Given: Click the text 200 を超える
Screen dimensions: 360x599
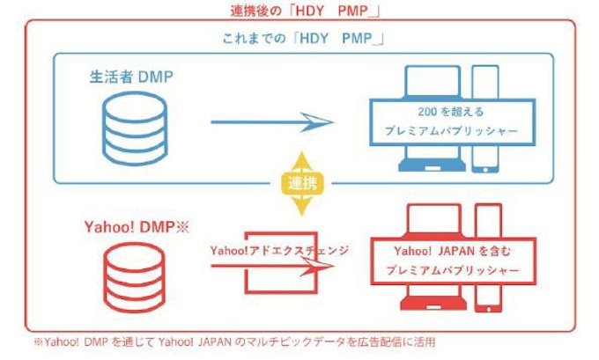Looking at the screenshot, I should tap(449, 112).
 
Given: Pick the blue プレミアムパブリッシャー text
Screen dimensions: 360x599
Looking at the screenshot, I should tap(449, 130).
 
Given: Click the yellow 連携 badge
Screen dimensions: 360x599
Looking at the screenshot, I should tap(301, 184).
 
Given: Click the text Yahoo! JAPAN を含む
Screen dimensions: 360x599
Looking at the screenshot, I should tap(449, 251).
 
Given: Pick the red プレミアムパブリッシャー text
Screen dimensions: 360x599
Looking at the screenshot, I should tap(449, 270).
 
